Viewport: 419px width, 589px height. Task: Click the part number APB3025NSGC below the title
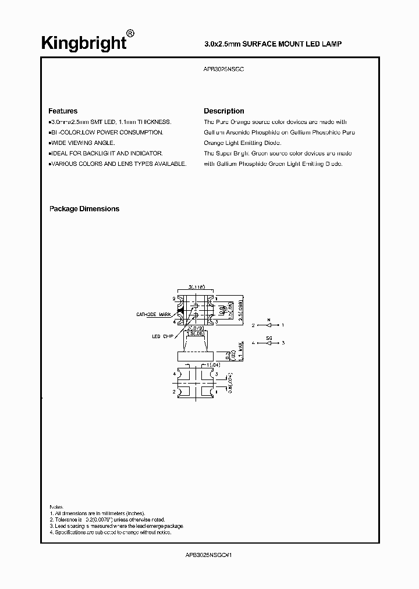(x=224, y=69)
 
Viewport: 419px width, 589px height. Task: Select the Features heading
(x=63, y=111)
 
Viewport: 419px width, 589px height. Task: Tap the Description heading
(x=224, y=111)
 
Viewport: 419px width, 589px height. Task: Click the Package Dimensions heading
(x=84, y=209)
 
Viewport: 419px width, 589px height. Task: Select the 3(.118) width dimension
(x=197, y=287)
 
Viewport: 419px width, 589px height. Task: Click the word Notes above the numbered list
(x=56, y=507)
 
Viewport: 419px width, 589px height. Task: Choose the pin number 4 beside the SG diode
(x=254, y=343)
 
